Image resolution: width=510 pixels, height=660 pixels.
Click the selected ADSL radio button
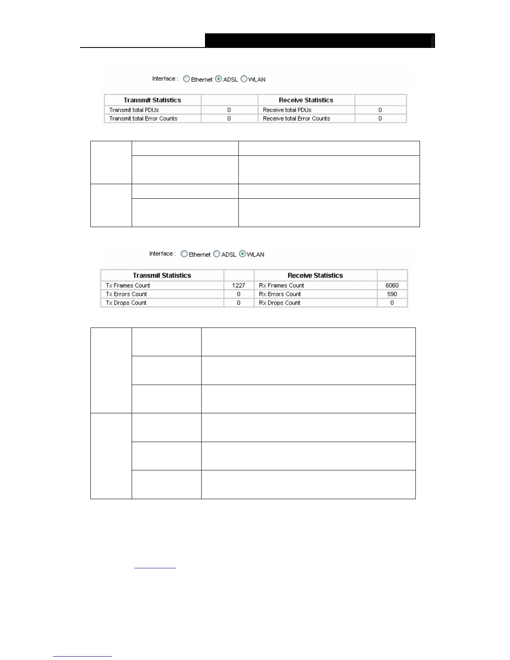(218, 79)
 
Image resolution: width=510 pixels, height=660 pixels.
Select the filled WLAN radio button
(242, 254)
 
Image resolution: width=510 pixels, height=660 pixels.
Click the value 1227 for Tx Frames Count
(238, 285)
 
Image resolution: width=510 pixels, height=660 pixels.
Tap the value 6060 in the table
(392, 285)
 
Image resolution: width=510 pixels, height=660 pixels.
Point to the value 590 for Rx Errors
(392, 294)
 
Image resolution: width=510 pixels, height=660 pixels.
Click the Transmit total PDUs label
(134, 110)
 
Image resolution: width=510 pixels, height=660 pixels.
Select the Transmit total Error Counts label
(143, 119)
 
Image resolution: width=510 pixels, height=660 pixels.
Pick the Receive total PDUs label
(287, 110)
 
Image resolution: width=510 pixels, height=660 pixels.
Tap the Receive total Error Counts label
(296, 119)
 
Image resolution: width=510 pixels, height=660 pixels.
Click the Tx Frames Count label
(127, 285)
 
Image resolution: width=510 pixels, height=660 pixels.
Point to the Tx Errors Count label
(126, 294)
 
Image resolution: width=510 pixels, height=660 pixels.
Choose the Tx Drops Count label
(126, 303)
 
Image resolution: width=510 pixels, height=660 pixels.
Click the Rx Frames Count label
(281, 285)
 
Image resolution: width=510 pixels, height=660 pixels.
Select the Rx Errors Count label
(280, 294)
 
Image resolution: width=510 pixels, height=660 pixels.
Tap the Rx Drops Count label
(279, 303)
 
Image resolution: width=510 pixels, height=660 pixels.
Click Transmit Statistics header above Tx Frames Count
(162, 275)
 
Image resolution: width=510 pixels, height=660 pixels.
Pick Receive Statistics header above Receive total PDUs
(306, 100)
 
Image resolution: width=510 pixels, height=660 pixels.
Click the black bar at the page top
(319, 41)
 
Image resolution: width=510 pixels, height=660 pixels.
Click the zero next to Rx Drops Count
(392, 303)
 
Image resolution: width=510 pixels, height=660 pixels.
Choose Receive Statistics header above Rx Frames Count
(315, 275)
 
